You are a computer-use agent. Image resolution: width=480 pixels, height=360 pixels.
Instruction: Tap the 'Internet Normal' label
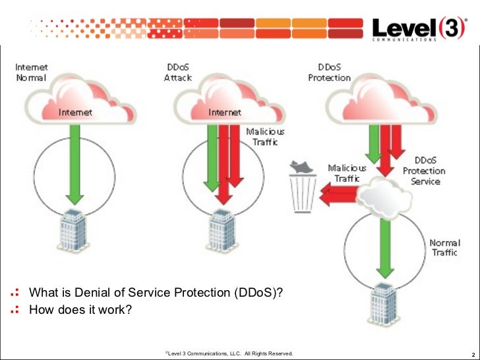(31, 72)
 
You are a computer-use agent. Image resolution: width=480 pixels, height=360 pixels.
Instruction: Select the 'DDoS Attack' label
(178, 72)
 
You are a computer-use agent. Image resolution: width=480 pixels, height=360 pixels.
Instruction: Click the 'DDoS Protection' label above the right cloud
(329, 72)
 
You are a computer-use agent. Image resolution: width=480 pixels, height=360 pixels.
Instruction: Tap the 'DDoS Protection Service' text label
(425, 171)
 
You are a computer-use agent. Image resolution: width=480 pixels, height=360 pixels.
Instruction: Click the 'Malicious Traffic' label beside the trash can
(344, 173)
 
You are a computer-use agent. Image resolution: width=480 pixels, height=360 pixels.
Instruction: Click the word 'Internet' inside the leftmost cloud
(75, 112)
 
